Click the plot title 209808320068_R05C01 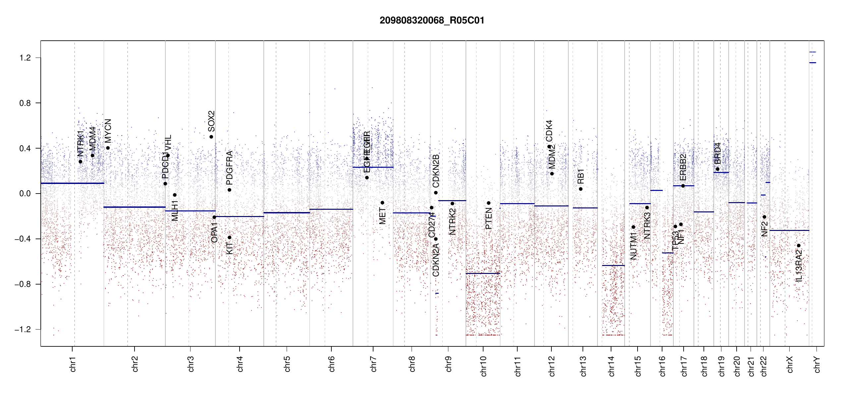tap(432, 21)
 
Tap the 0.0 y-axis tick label tap(25, 194)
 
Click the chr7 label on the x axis tap(373, 364)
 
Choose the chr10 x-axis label tap(483, 366)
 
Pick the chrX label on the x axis tap(790, 364)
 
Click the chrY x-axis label tap(817, 364)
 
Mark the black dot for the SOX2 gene tap(211, 137)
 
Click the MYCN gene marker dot tap(108, 148)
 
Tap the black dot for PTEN tap(488, 203)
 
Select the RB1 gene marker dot tap(581, 189)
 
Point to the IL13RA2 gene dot tap(799, 245)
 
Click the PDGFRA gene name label tap(229, 167)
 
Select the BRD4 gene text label tap(717, 153)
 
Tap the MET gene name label tap(382, 216)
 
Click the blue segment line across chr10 tap(482, 273)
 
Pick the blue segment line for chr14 tap(613, 265)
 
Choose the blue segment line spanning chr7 tap(373, 167)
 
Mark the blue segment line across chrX tap(789, 230)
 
